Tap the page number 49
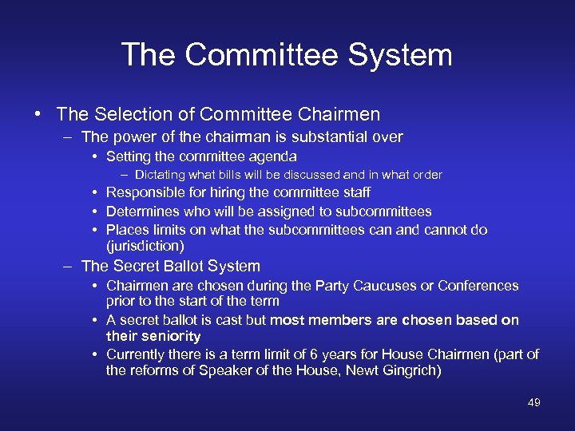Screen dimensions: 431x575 pyautogui.click(x=533, y=402)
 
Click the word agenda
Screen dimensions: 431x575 pyautogui.click(x=274, y=156)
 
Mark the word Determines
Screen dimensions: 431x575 pyautogui.click(x=144, y=212)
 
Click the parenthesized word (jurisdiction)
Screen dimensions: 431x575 pyautogui.click(x=145, y=246)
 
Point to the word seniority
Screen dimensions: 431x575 pyautogui.click(x=172, y=337)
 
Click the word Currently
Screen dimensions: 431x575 pyautogui.click(x=137, y=354)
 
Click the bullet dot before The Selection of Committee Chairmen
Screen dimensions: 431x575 pyautogui.click(x=38, y=114)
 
